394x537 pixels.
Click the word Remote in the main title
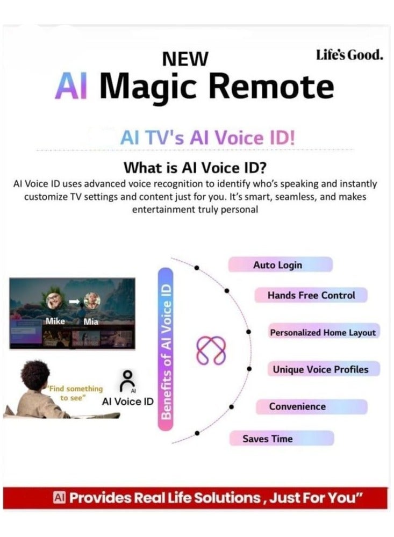277,87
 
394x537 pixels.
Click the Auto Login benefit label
278,265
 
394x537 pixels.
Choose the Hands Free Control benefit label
311,295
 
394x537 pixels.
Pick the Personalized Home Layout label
323,333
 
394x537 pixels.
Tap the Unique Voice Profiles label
320,369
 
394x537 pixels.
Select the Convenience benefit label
297,406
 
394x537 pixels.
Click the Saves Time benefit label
268,439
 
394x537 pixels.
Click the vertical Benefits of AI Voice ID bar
166,350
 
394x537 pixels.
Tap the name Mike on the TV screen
55,321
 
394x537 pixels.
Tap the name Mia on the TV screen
91,322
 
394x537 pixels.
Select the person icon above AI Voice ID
127,381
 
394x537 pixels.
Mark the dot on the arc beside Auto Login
197,267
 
